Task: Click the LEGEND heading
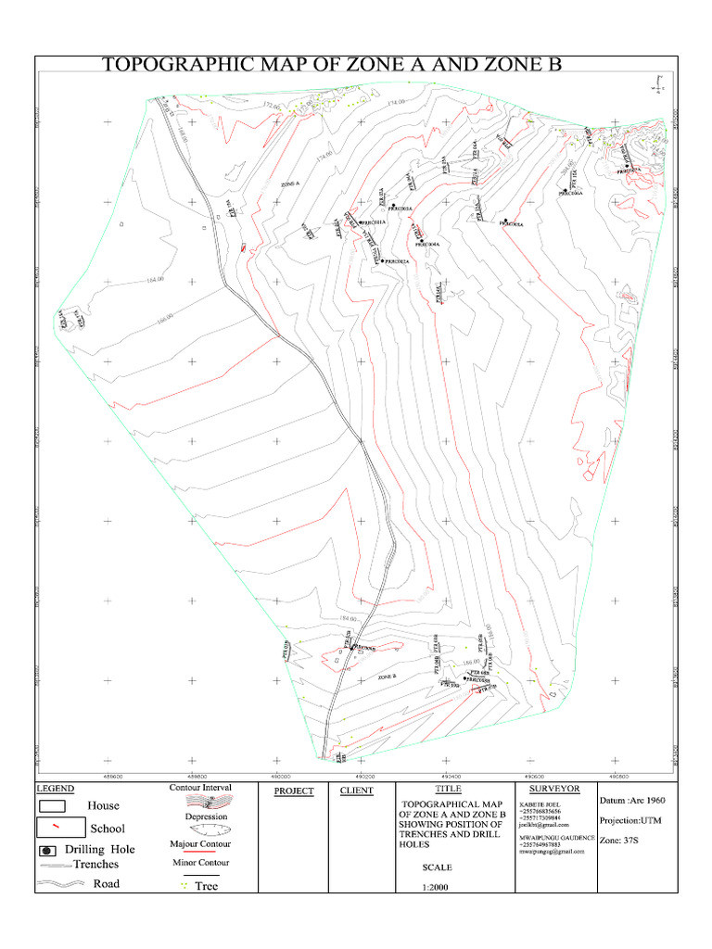click(x=55, y=789)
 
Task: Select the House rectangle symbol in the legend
click(x=57, y=805)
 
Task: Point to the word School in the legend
click(x=107, y=828)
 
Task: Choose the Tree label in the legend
click(x=206, y=886)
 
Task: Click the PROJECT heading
click(x=294, y=791)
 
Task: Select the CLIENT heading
click(x=356, y=791)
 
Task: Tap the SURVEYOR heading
click(x=553, y=789)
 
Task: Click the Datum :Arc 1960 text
click(x=633, y=800)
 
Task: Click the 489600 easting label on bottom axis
click(x=110, y=776)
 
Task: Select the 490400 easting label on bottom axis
click(x=451, y=776)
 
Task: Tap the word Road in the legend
click(x=107, y=883)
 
